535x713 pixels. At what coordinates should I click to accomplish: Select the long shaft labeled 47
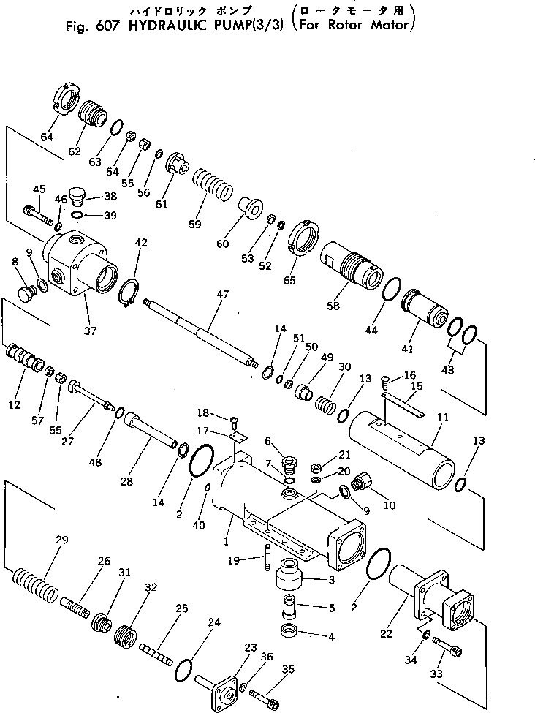click(201, 332)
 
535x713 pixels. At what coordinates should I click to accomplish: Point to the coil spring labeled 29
click(35, 584)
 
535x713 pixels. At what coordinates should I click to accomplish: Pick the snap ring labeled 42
click(129, 292)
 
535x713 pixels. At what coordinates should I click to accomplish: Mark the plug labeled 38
click(78, 199)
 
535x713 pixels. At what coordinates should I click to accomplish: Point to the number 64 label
click(48, 137)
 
